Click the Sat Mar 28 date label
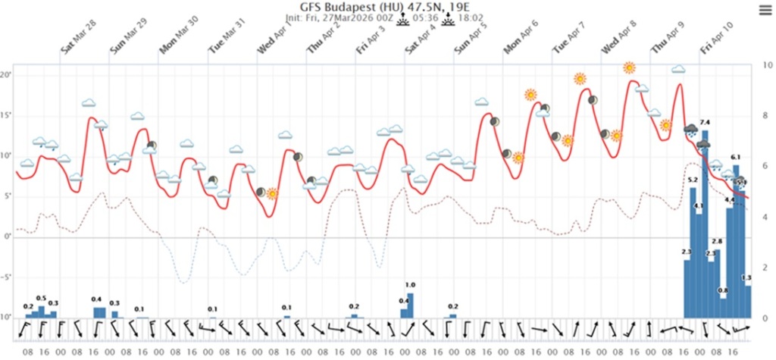coord(79,44)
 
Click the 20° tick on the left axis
coord(6,75)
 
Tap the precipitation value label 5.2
coord(692,180)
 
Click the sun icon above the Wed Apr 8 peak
coord(629,67)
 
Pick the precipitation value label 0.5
coord(42,298)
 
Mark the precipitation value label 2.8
coord(717,241)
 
